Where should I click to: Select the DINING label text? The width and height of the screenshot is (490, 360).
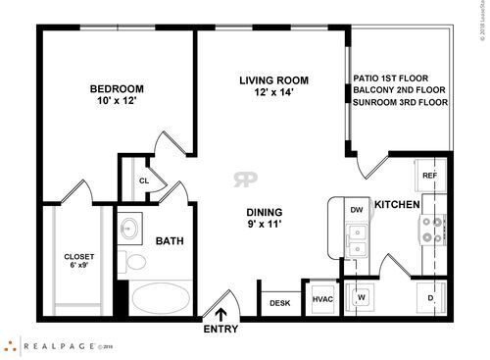[265, 212]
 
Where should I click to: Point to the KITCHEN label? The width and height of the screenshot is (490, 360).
[397, 205]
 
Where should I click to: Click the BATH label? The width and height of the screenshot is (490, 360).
[170, 240]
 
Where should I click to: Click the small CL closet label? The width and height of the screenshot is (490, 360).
[143, 180]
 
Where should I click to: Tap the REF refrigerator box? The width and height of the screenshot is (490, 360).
[429, 176]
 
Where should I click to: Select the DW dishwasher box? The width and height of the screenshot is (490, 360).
[356, 209]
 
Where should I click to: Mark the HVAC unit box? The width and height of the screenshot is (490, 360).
[323, 299]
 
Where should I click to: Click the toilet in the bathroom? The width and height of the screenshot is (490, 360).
[133, 262]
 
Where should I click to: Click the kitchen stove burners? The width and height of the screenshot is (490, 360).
[431, 230]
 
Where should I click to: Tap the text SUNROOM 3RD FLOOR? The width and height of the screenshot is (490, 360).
[400, 101]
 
